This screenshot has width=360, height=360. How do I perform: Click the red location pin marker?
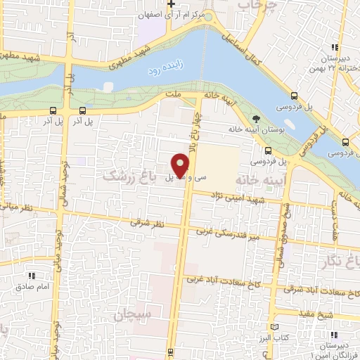[x=180, y=166]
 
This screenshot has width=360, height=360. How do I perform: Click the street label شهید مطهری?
[x=128, y=56]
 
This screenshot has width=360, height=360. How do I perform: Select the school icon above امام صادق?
[x=32, y=276]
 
